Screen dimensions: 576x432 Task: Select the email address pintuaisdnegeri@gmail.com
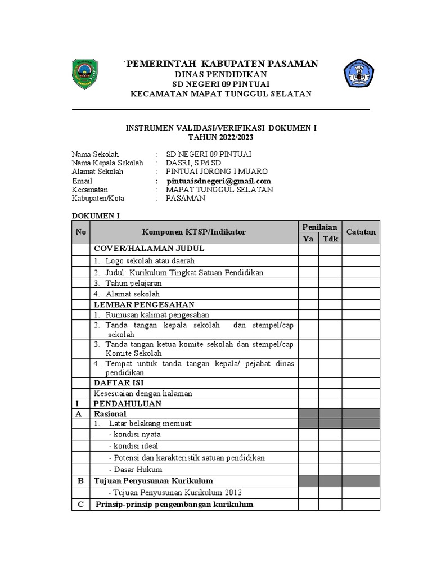point(219,181)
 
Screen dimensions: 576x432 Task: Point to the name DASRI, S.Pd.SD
point(193,163)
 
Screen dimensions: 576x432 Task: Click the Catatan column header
point(361,232)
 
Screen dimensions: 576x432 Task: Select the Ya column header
point(308,238)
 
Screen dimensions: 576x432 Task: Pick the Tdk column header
point(330,238)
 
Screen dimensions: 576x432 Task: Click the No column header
point(81,232)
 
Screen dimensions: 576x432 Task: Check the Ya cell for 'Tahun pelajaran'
point(308,283)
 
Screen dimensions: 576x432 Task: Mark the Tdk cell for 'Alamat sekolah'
point(330,294)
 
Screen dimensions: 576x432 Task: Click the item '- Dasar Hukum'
point(135,469)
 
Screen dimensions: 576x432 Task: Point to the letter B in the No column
point(80,481)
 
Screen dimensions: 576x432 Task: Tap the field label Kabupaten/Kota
point(98,198)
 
